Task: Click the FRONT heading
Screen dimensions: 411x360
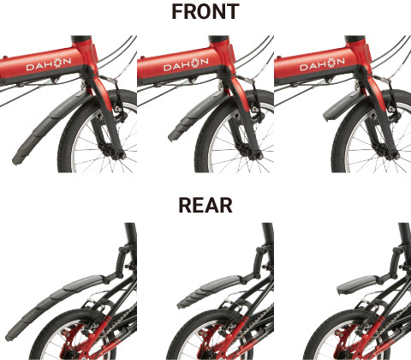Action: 205,12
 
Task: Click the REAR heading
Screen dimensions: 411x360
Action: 205,205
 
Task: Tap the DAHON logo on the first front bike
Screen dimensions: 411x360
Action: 49,64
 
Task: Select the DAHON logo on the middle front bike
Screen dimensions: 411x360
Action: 186,64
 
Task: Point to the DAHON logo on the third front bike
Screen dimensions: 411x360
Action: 322,64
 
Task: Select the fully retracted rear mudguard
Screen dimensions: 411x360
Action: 359,285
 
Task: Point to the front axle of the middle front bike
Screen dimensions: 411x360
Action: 259,156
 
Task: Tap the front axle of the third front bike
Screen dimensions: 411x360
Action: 396,156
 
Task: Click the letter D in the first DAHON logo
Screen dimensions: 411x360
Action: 30,68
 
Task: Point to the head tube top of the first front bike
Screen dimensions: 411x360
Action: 81,39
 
